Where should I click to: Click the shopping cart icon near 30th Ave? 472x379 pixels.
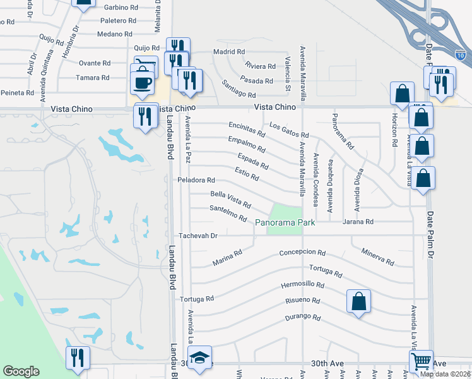(421, 362)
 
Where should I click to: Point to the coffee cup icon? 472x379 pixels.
(143, 82)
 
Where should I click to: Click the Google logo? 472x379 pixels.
(21, 371)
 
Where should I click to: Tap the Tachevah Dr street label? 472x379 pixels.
(198, 236)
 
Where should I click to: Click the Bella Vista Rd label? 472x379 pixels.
(231, 200)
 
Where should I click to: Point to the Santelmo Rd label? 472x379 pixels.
(228, 213)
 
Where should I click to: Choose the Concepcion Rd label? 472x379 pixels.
(302, 253)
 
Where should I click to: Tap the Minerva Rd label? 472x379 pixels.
(378, 256)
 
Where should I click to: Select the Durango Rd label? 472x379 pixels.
(304, 318)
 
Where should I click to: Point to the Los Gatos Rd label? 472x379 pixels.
(289, 131)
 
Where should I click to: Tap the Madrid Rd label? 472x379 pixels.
(228, 52)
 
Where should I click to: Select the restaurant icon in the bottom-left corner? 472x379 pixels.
(78, 358)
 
